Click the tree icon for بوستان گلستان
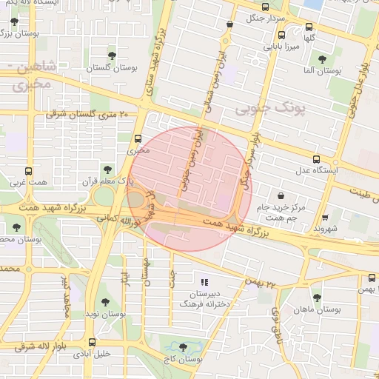click(112, 55)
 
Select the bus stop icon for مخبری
click(138, 138)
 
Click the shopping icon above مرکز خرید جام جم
click(281, 195)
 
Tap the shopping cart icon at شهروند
click(326, 218)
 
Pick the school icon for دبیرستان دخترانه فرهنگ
click(205, 282)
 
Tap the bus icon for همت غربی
click(29, 170)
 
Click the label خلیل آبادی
click(92, 354)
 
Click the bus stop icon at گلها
click(309, 27)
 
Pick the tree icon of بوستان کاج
click(184, 346)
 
